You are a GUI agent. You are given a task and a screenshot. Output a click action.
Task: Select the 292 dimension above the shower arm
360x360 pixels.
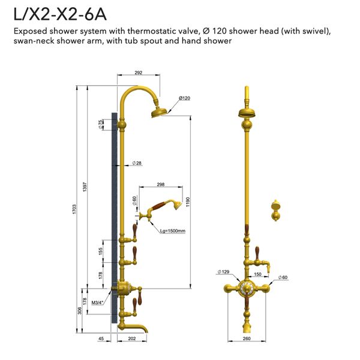(x=138, y=73)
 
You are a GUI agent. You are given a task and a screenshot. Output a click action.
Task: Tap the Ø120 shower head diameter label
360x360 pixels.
(x=184, y=98)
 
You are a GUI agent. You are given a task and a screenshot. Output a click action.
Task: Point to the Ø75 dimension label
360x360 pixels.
(x=100, y=124)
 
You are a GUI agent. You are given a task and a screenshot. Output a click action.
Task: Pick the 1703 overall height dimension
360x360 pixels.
(x=74, y=210)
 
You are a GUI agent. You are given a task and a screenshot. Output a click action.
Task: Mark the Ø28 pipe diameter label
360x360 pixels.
(x=137, y=163)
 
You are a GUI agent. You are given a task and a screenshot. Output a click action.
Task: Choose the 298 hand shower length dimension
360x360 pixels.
(x=160, y=185)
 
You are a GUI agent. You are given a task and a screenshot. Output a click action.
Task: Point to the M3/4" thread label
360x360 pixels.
(x=98, y=302)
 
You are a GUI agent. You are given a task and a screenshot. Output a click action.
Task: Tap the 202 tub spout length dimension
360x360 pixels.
(x=131, y=340)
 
